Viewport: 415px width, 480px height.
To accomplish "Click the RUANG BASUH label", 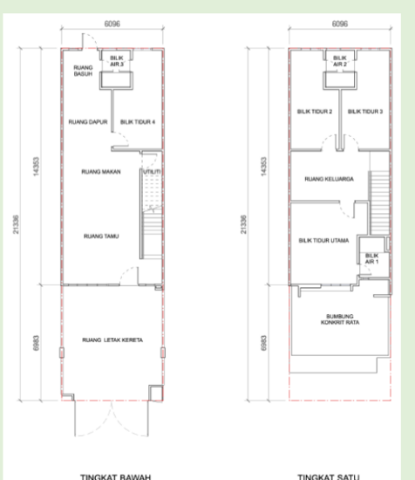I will pyautogui.click(x=83, y=72).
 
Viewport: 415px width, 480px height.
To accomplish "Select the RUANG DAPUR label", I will pyautogui.click(x=87, y=122).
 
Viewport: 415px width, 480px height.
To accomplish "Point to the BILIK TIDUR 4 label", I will pyautogui.click(x=137, y=122).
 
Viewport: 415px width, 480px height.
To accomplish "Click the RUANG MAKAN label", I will pyautogui.click(x=97, y=172).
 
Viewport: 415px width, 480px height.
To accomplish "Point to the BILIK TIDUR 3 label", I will pyautogui.click(x=364, y=112).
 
